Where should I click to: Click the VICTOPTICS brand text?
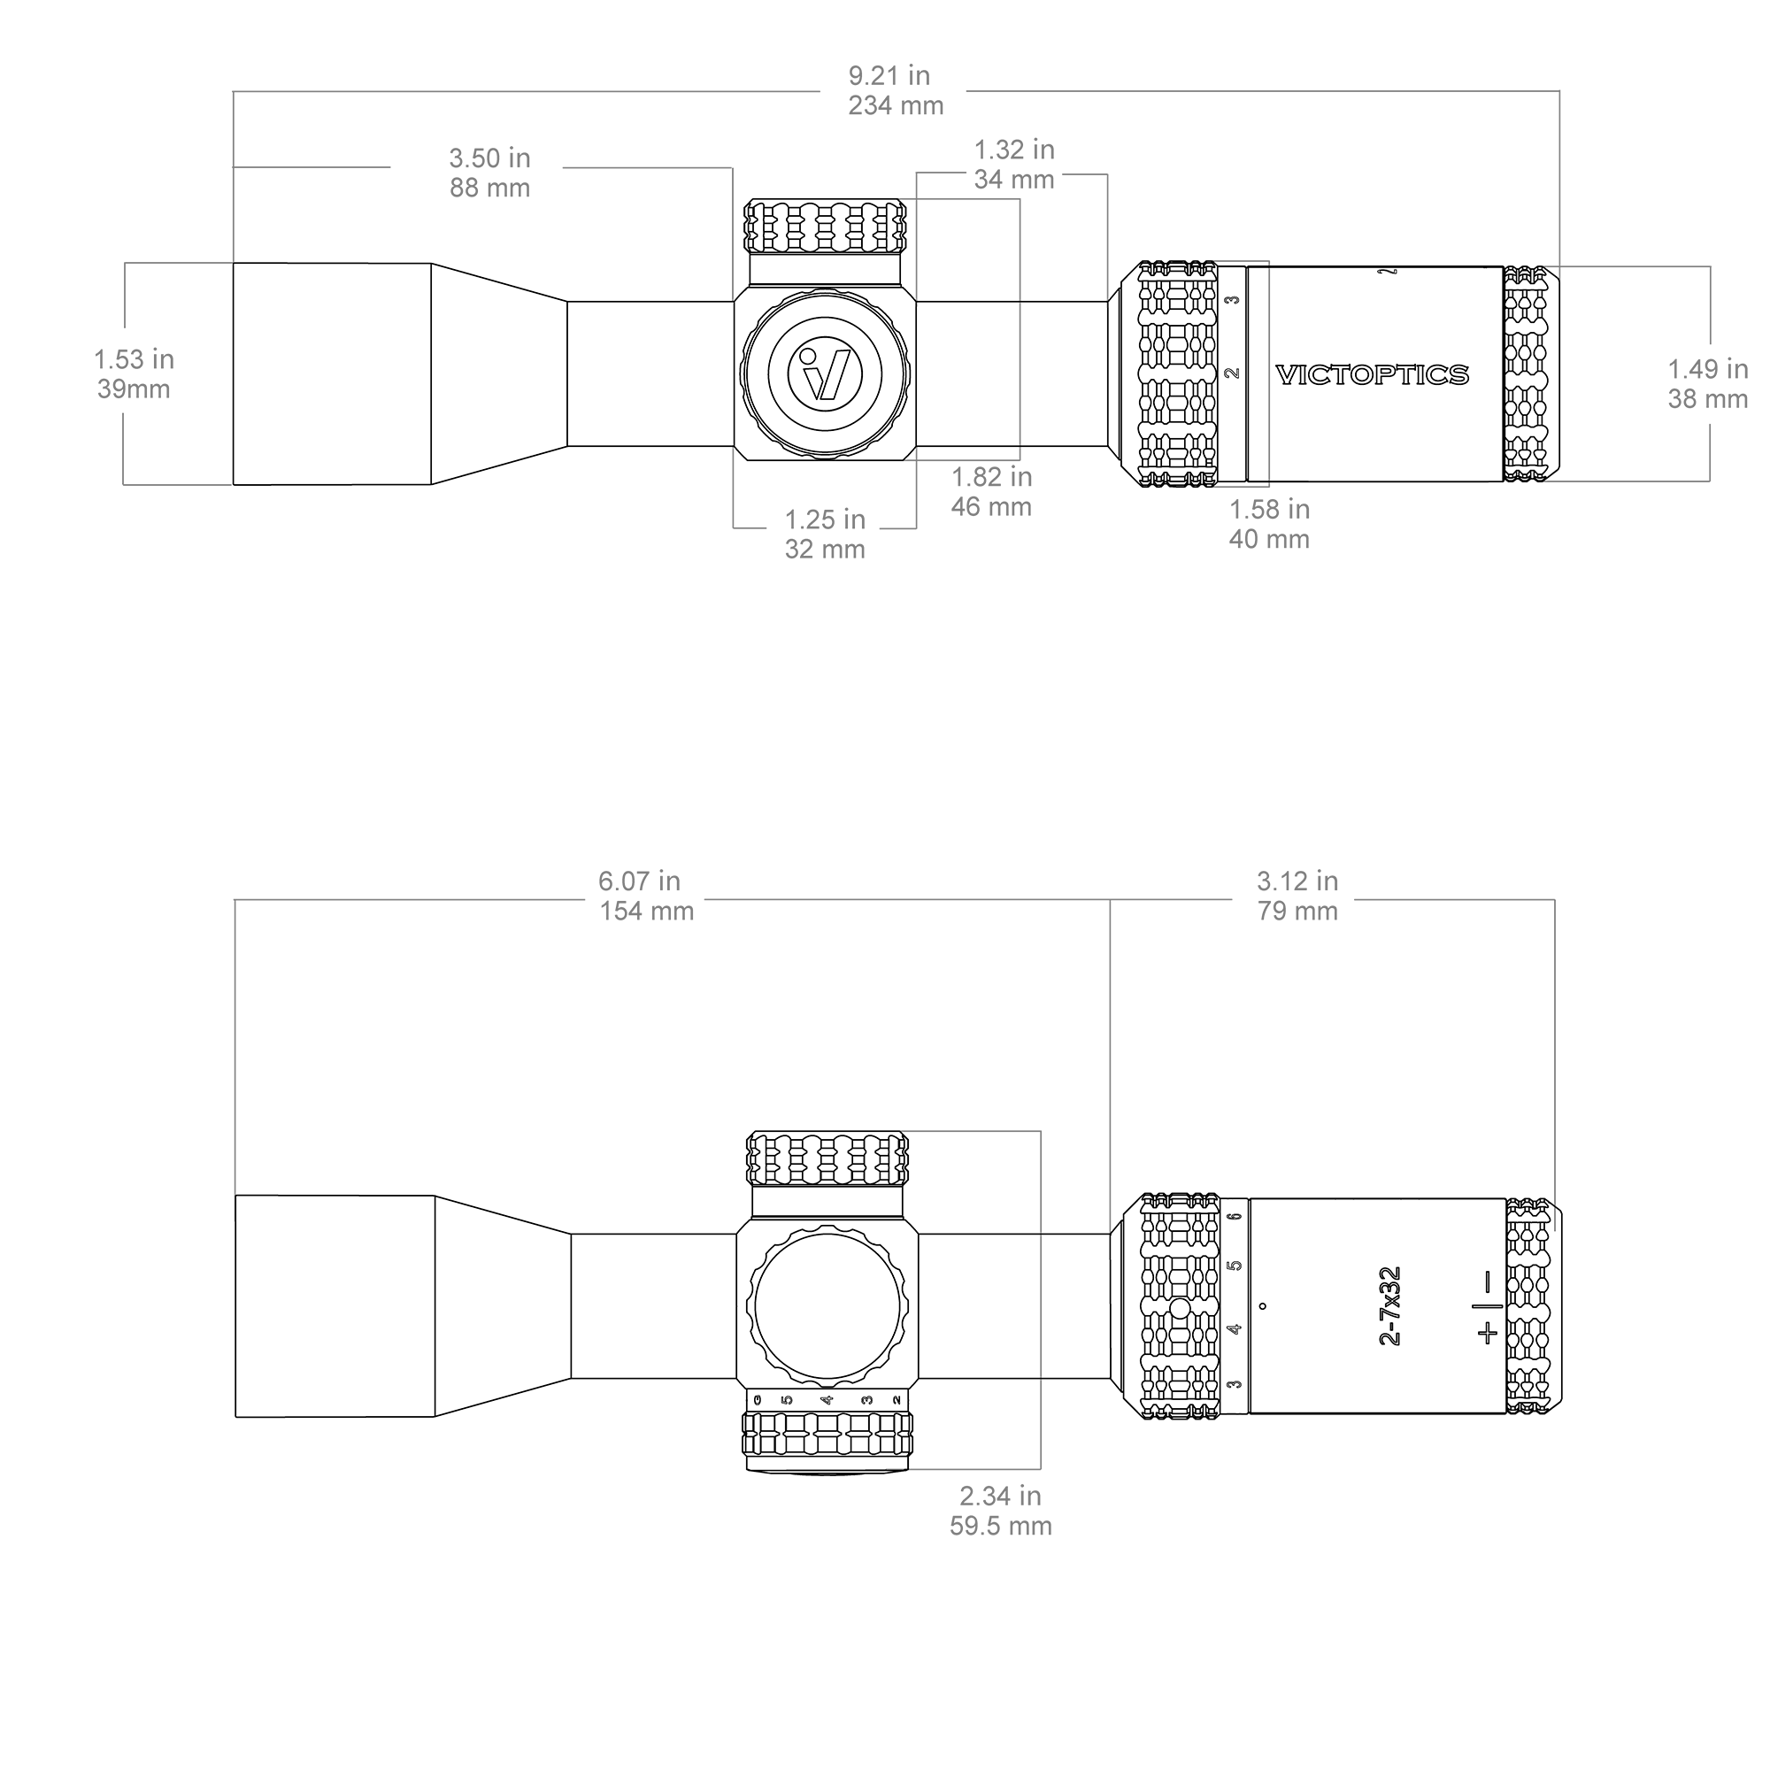[x=1373, y=374]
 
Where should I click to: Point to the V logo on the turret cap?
[x=826, y=373]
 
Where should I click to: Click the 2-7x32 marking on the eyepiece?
[x=1389, y=1305]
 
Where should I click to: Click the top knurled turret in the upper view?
[x=825, y=227]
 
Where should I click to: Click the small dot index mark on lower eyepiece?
[x=1264, y=1306]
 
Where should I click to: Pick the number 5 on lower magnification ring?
[x=1235, y=1266]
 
